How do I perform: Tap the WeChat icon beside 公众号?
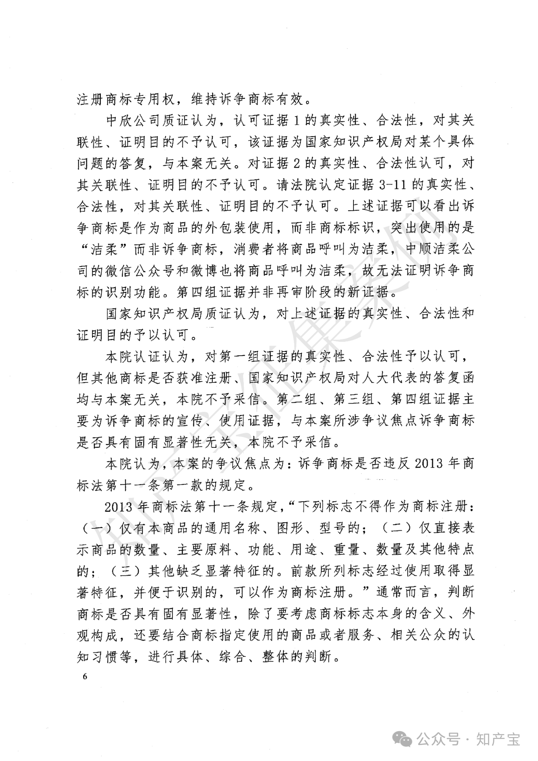point(403,740)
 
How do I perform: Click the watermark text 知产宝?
point(498,740)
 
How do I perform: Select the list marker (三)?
point(123,571)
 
